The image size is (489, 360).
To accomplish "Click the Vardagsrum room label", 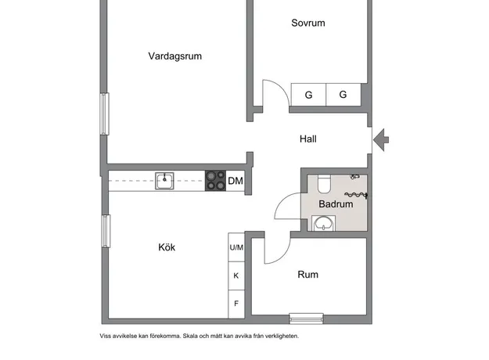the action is point(175,56).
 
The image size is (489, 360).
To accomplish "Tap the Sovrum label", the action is point(308,23).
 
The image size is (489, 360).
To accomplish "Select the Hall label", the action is point(308,139).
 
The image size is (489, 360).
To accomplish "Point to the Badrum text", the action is point(336,204).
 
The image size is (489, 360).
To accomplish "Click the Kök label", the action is point(167,247).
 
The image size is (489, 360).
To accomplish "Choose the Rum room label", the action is point(308,275).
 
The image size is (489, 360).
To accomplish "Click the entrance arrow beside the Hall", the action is point(381,140).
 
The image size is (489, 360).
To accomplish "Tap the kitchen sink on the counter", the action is point(164,181).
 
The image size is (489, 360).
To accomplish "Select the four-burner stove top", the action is point(215,181).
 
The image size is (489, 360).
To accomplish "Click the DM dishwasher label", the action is point(236,181).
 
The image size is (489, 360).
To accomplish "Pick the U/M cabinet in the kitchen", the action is point(236,247).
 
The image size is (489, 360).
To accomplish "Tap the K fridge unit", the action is point(236,275).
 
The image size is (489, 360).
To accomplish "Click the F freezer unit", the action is point(236,304).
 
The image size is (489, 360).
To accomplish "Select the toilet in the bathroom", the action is point(324,184).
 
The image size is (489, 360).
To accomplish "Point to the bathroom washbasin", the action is point(324,223).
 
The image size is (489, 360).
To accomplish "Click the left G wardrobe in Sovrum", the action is point(308,95).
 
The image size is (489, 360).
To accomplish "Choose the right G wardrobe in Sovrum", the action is point(343,95).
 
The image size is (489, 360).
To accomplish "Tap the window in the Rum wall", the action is point(306,319).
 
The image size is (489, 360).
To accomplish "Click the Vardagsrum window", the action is point(105,113).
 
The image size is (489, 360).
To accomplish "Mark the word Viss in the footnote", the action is point(106,336).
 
